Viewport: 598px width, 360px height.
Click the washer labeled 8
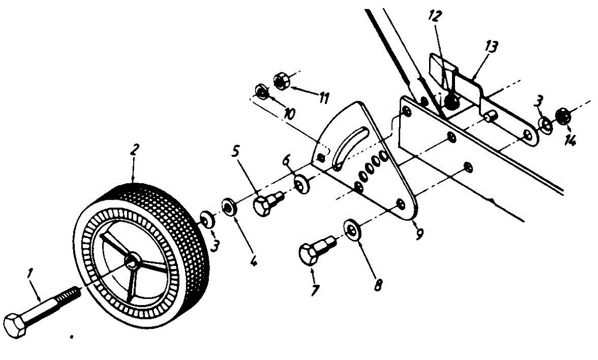[x=353, y=230]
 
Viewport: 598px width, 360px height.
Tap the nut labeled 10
[x=261, y=91]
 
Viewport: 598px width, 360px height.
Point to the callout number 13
[x=491, y=48]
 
